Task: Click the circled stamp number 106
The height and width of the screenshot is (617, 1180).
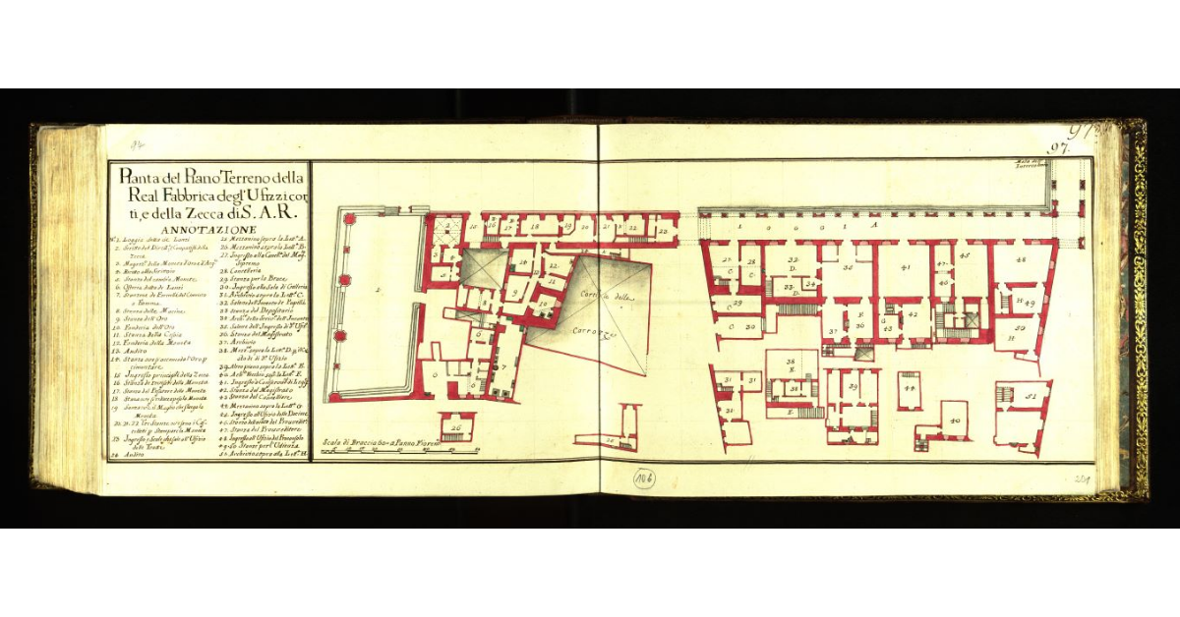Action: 645,477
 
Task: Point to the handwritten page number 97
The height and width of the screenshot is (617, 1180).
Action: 1059,149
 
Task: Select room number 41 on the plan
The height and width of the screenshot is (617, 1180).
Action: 906,267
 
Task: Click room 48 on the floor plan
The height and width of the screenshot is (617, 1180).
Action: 1021,259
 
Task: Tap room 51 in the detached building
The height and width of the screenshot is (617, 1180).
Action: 1032,397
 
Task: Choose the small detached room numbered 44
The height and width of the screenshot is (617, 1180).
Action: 910,389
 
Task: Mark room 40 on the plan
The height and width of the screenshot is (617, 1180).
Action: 955,420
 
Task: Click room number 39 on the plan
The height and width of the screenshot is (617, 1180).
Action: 853,388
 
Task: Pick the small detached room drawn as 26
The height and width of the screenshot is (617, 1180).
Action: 456,427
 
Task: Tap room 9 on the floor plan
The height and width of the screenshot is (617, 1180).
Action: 514,293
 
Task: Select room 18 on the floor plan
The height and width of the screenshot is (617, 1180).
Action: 535,227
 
